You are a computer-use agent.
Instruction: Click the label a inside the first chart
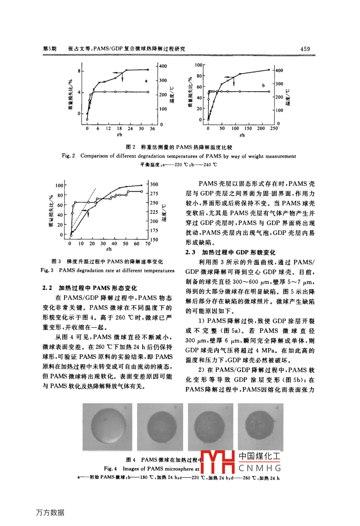(x=146, y=80)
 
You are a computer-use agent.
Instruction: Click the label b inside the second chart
(x=263, y=85)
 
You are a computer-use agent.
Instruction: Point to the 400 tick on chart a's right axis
(x=163, y=66)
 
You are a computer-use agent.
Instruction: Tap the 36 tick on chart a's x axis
(x=152, y=129)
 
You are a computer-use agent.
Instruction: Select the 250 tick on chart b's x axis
(x=274, y=129)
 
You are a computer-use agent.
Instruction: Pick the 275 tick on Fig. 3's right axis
(x=154, y=194)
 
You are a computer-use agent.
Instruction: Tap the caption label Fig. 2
(x=68, y=156)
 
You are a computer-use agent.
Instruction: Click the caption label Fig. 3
(x=47, y=271)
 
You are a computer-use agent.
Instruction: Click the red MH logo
(x=217, y=463)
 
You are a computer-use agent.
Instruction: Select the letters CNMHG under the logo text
(x=260, y=468)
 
